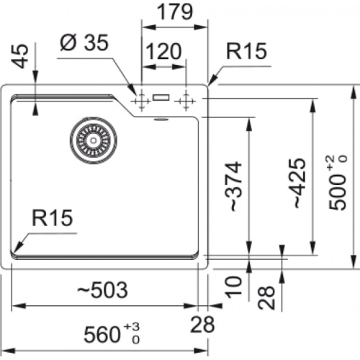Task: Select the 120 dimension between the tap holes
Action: [x=165, y=53]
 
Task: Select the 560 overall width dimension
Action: [x=103, y=334]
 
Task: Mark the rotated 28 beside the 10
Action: [x=266, y=296]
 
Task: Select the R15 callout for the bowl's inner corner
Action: [x=53, y=218]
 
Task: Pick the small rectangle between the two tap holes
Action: [x=162, y=96]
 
